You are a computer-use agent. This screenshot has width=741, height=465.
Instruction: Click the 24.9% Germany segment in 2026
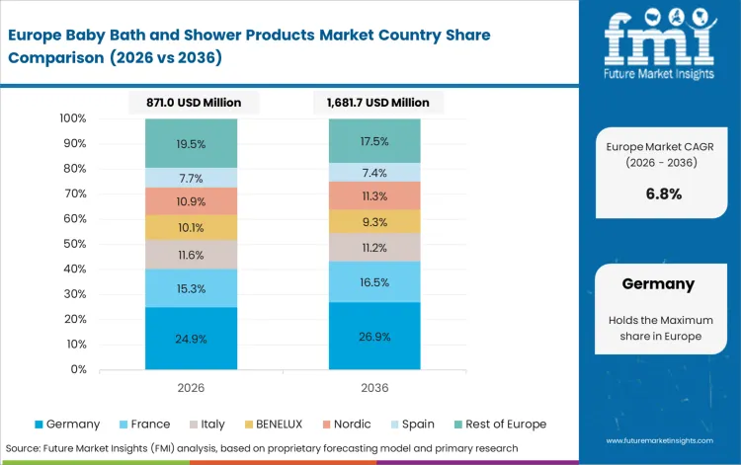point(191,339)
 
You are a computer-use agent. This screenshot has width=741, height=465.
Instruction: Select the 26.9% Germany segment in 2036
point(374,336)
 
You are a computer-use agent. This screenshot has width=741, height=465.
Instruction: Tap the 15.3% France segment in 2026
point(191,288)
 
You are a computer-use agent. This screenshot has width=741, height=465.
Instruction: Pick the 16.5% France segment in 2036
point(374,282)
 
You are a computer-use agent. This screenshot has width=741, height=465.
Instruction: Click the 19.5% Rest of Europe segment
point(191,143)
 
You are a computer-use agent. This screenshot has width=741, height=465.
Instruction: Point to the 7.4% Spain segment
point(374,172)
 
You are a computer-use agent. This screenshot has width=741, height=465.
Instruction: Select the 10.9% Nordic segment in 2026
point(191,201)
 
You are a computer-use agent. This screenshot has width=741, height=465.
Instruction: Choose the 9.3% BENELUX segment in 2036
point(374,221)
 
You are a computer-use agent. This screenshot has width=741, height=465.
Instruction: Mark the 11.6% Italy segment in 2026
point(191,255)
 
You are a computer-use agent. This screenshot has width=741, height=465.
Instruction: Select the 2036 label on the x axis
point(374,387)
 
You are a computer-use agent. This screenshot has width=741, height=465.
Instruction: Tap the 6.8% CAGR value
point(663,194)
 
